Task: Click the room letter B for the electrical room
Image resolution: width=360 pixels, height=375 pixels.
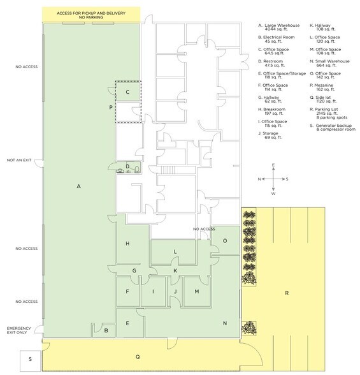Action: click(x=106, y=330)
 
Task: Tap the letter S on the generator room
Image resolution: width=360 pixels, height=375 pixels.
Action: click(x=30, y=359)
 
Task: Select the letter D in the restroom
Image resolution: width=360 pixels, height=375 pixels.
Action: click(x=127, y=166)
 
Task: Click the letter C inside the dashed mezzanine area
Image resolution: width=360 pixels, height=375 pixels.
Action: click(x=127, y=92)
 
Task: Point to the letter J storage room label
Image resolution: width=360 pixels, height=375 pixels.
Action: click(x=175, y=291)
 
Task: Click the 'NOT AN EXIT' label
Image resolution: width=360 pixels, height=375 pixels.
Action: click(x=19, y=160)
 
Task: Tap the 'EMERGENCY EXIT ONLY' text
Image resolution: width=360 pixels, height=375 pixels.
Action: click(x=19, y=330)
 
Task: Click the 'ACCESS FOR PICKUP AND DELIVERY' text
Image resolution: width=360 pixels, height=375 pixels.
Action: click(x=91, y=13)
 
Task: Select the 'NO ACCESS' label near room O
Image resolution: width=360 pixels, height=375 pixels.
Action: click(x=204, y=229)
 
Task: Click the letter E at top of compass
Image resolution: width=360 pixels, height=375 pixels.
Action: click(x=273, y=165)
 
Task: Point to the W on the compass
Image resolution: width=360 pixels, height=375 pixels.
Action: click(x=273, y=193)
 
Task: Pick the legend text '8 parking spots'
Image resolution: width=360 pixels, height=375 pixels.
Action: click(x=332, y=117)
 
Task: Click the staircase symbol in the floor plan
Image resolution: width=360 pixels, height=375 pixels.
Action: click(x=168, y=170)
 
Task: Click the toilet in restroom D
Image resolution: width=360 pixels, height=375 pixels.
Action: click(x=137, y=170)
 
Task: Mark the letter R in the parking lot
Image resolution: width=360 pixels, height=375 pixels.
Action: click(x=287, y=293)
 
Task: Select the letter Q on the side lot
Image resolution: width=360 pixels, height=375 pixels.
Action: click(x=138, y=357)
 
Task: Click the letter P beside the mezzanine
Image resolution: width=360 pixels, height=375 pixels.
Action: click(x=111, y=107)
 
